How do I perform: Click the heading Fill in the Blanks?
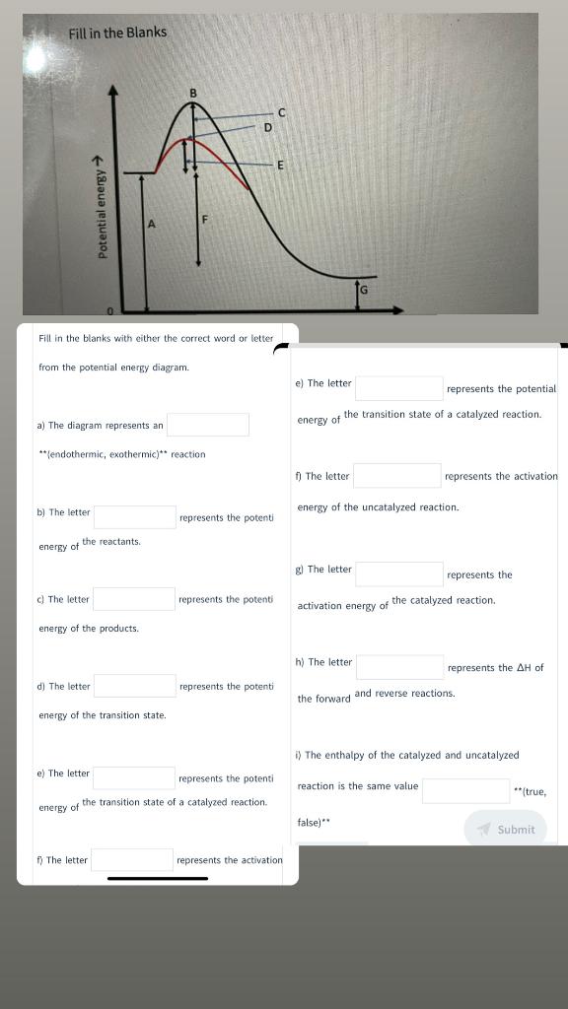[117, 33]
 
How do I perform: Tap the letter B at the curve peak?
[193, 94]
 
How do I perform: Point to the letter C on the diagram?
[281, 111]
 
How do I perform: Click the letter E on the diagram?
[280, 165]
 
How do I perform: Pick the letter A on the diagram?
[152, 224]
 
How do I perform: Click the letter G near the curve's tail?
[363, 289]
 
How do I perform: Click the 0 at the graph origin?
[110, 311]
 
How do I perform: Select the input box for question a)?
[207, 425]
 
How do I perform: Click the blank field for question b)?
[134, 516]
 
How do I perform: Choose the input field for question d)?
[134, 686]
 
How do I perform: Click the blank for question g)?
[398, 573]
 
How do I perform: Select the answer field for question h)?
[398, 667]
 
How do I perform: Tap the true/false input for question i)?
[465, 790]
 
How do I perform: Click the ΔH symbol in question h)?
[524, 668]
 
